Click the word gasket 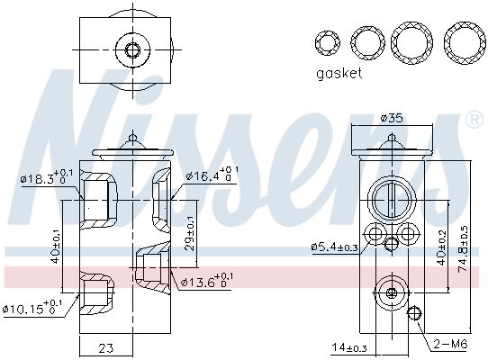coord(338,73)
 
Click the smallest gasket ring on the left coord(326,41)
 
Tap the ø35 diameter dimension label coord(392,117)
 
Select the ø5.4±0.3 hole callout coord(336,246)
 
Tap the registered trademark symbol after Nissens coord(473,120)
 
